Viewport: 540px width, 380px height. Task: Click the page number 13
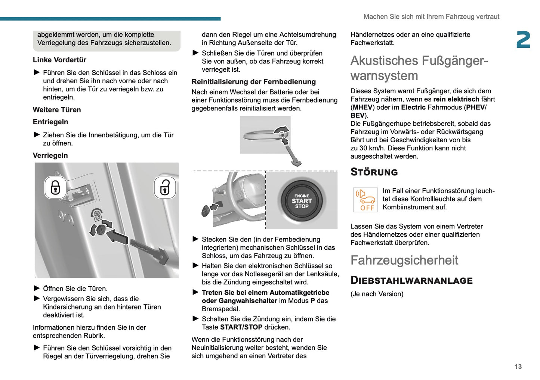click(x=518, y=367)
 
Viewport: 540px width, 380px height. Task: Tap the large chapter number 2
click(x=523, y=40)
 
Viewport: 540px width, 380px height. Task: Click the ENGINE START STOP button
click(x=302, y=201)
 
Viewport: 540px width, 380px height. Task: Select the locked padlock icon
click(x=55, y=187)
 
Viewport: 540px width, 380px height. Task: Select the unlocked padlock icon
click(x=165, y=187)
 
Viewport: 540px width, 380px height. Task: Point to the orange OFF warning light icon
click(x=365, y=200)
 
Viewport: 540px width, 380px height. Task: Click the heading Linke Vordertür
click(x=59, y=60)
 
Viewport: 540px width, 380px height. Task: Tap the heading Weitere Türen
click(x=57, y=110)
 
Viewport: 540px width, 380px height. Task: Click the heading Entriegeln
click(x=50, y=122)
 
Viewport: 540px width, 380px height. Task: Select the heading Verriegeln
click(x=50, y=156)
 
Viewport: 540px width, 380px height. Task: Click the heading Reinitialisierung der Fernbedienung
click(x=253, y=82)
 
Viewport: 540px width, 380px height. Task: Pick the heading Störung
click(x=374, y=172)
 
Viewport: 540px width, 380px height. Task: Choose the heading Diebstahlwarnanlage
click(x=411, y=281)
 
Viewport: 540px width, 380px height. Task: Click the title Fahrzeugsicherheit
click(x=404, y=260)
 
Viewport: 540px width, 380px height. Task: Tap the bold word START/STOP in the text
click(x=241, y=327)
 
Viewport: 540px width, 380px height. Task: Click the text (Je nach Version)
click(x=377, y=294)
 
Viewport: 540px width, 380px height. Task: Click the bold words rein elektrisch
click(x=456, y=99)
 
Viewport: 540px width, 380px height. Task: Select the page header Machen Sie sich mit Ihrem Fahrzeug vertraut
click(x=431, y=17)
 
